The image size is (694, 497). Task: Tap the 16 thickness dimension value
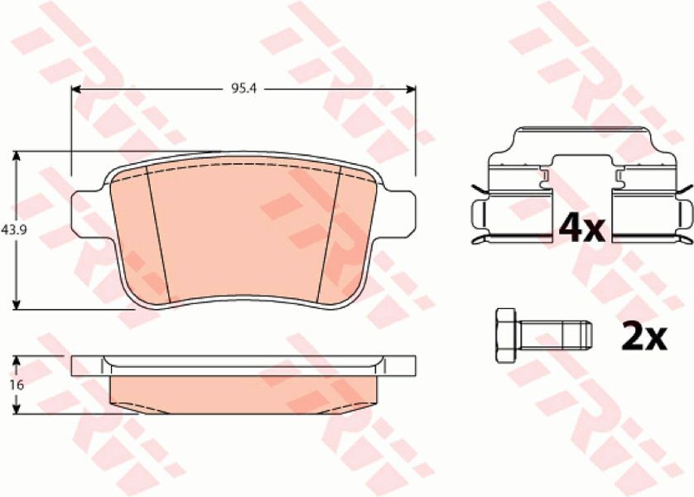(17, 385)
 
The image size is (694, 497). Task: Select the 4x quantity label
(581, 228)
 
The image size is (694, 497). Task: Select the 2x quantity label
(644, 336)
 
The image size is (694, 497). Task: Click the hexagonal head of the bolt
(506, 335)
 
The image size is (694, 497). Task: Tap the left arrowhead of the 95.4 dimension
(76, 89)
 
